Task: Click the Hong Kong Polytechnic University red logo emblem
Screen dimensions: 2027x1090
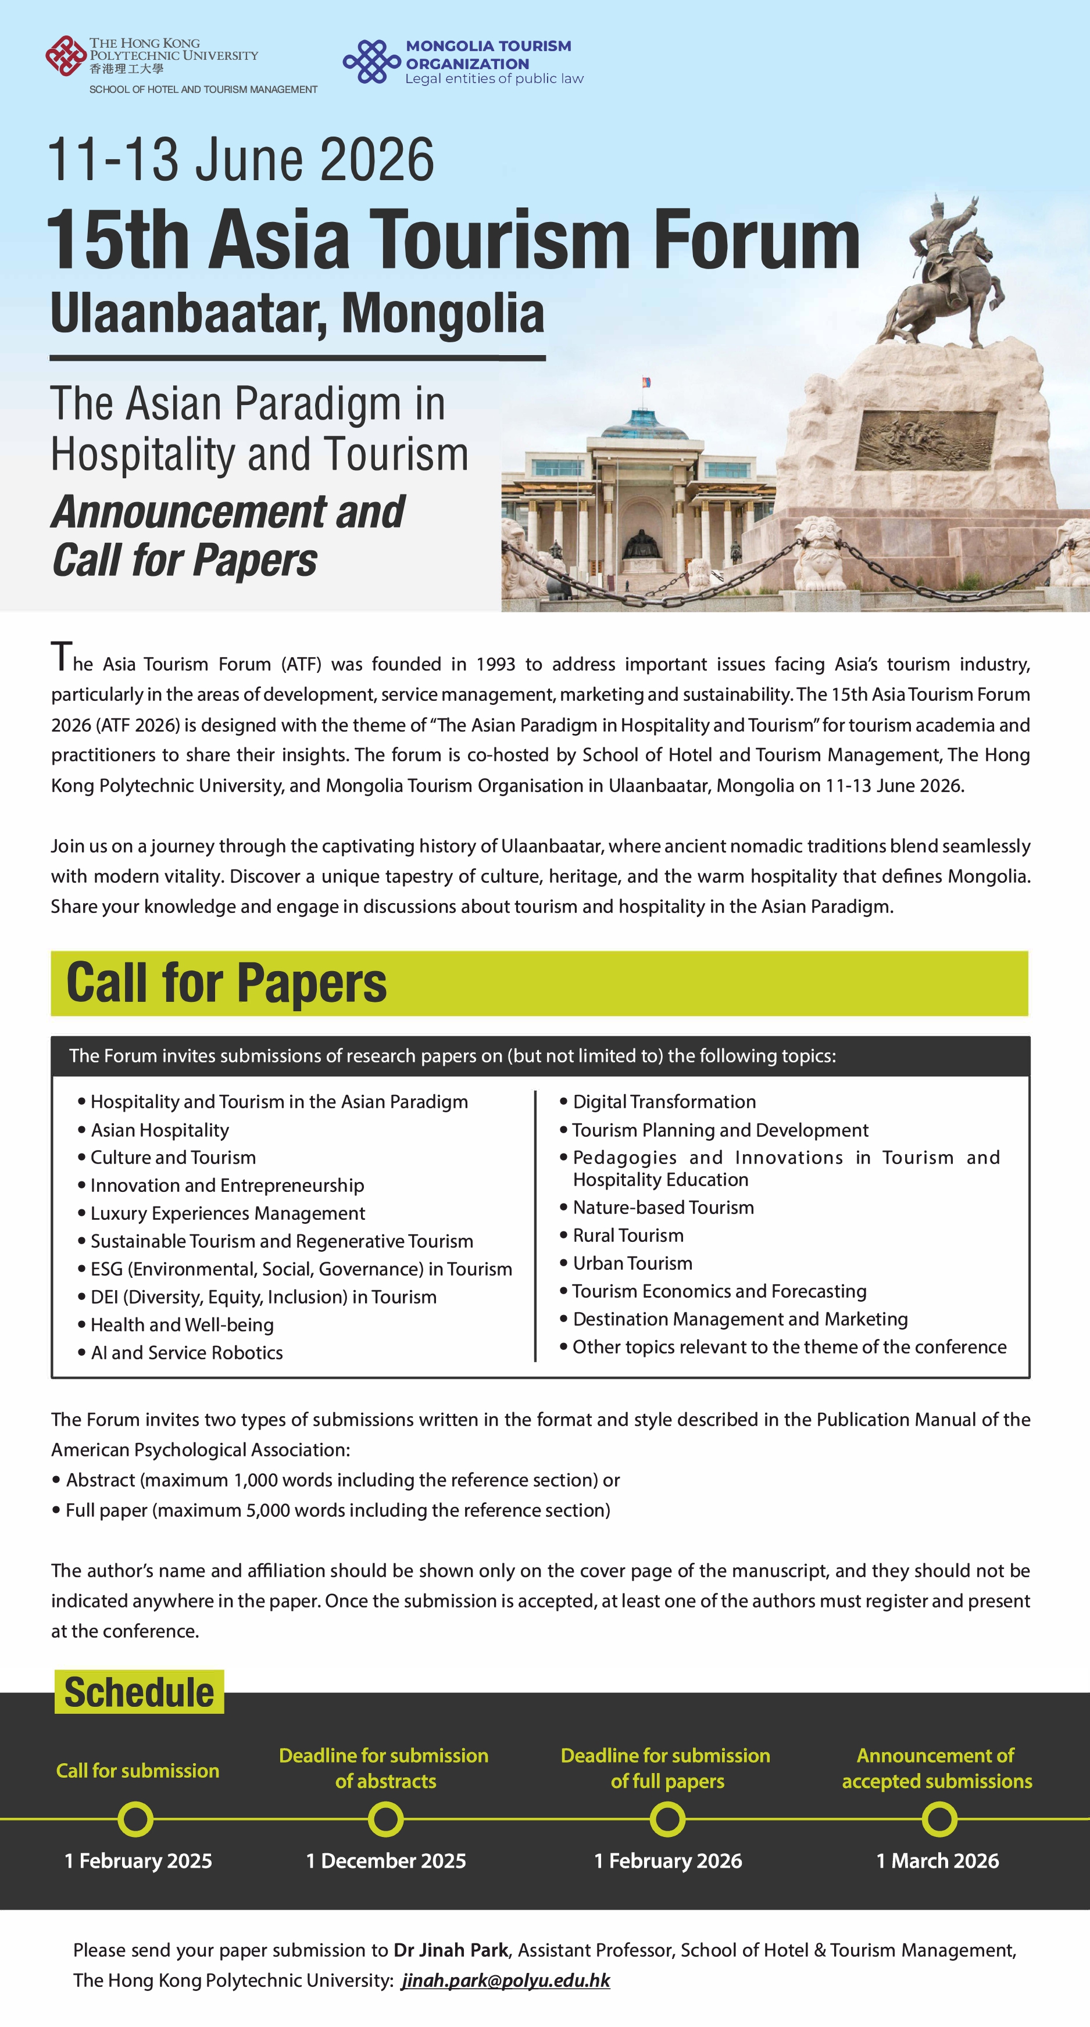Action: coord(65,55)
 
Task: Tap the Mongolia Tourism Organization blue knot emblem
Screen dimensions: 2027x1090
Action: coord(371,62)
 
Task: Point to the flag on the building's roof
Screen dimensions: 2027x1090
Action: coord(647,383)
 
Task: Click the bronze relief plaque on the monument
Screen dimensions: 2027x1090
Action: coord(925,439)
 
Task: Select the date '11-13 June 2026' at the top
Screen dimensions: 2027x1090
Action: coord(241,160)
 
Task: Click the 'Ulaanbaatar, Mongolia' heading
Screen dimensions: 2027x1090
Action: coord(298,314)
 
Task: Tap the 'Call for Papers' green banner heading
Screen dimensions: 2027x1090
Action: coord(227,983)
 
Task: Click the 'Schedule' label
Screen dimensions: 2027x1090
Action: coord(138,1692)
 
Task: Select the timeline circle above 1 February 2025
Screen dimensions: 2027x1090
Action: coord(135,1820)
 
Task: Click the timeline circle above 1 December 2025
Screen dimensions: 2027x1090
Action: coord(385,1820)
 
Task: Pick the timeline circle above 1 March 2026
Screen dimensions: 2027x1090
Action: coord(939,1820)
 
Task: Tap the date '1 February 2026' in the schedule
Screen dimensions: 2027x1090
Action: coord(667,1861)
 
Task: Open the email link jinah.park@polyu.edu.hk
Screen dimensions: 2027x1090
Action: coord(505,1981)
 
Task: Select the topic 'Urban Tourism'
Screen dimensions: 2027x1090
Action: coord(632,1263)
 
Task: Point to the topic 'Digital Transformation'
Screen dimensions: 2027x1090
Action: coord(663,1102)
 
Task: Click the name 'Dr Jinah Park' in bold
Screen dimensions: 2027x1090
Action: coord(451,1950)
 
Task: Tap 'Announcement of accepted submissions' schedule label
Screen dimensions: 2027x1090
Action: coord(937,1768)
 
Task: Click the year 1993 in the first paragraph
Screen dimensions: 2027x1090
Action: coord(495,664)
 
